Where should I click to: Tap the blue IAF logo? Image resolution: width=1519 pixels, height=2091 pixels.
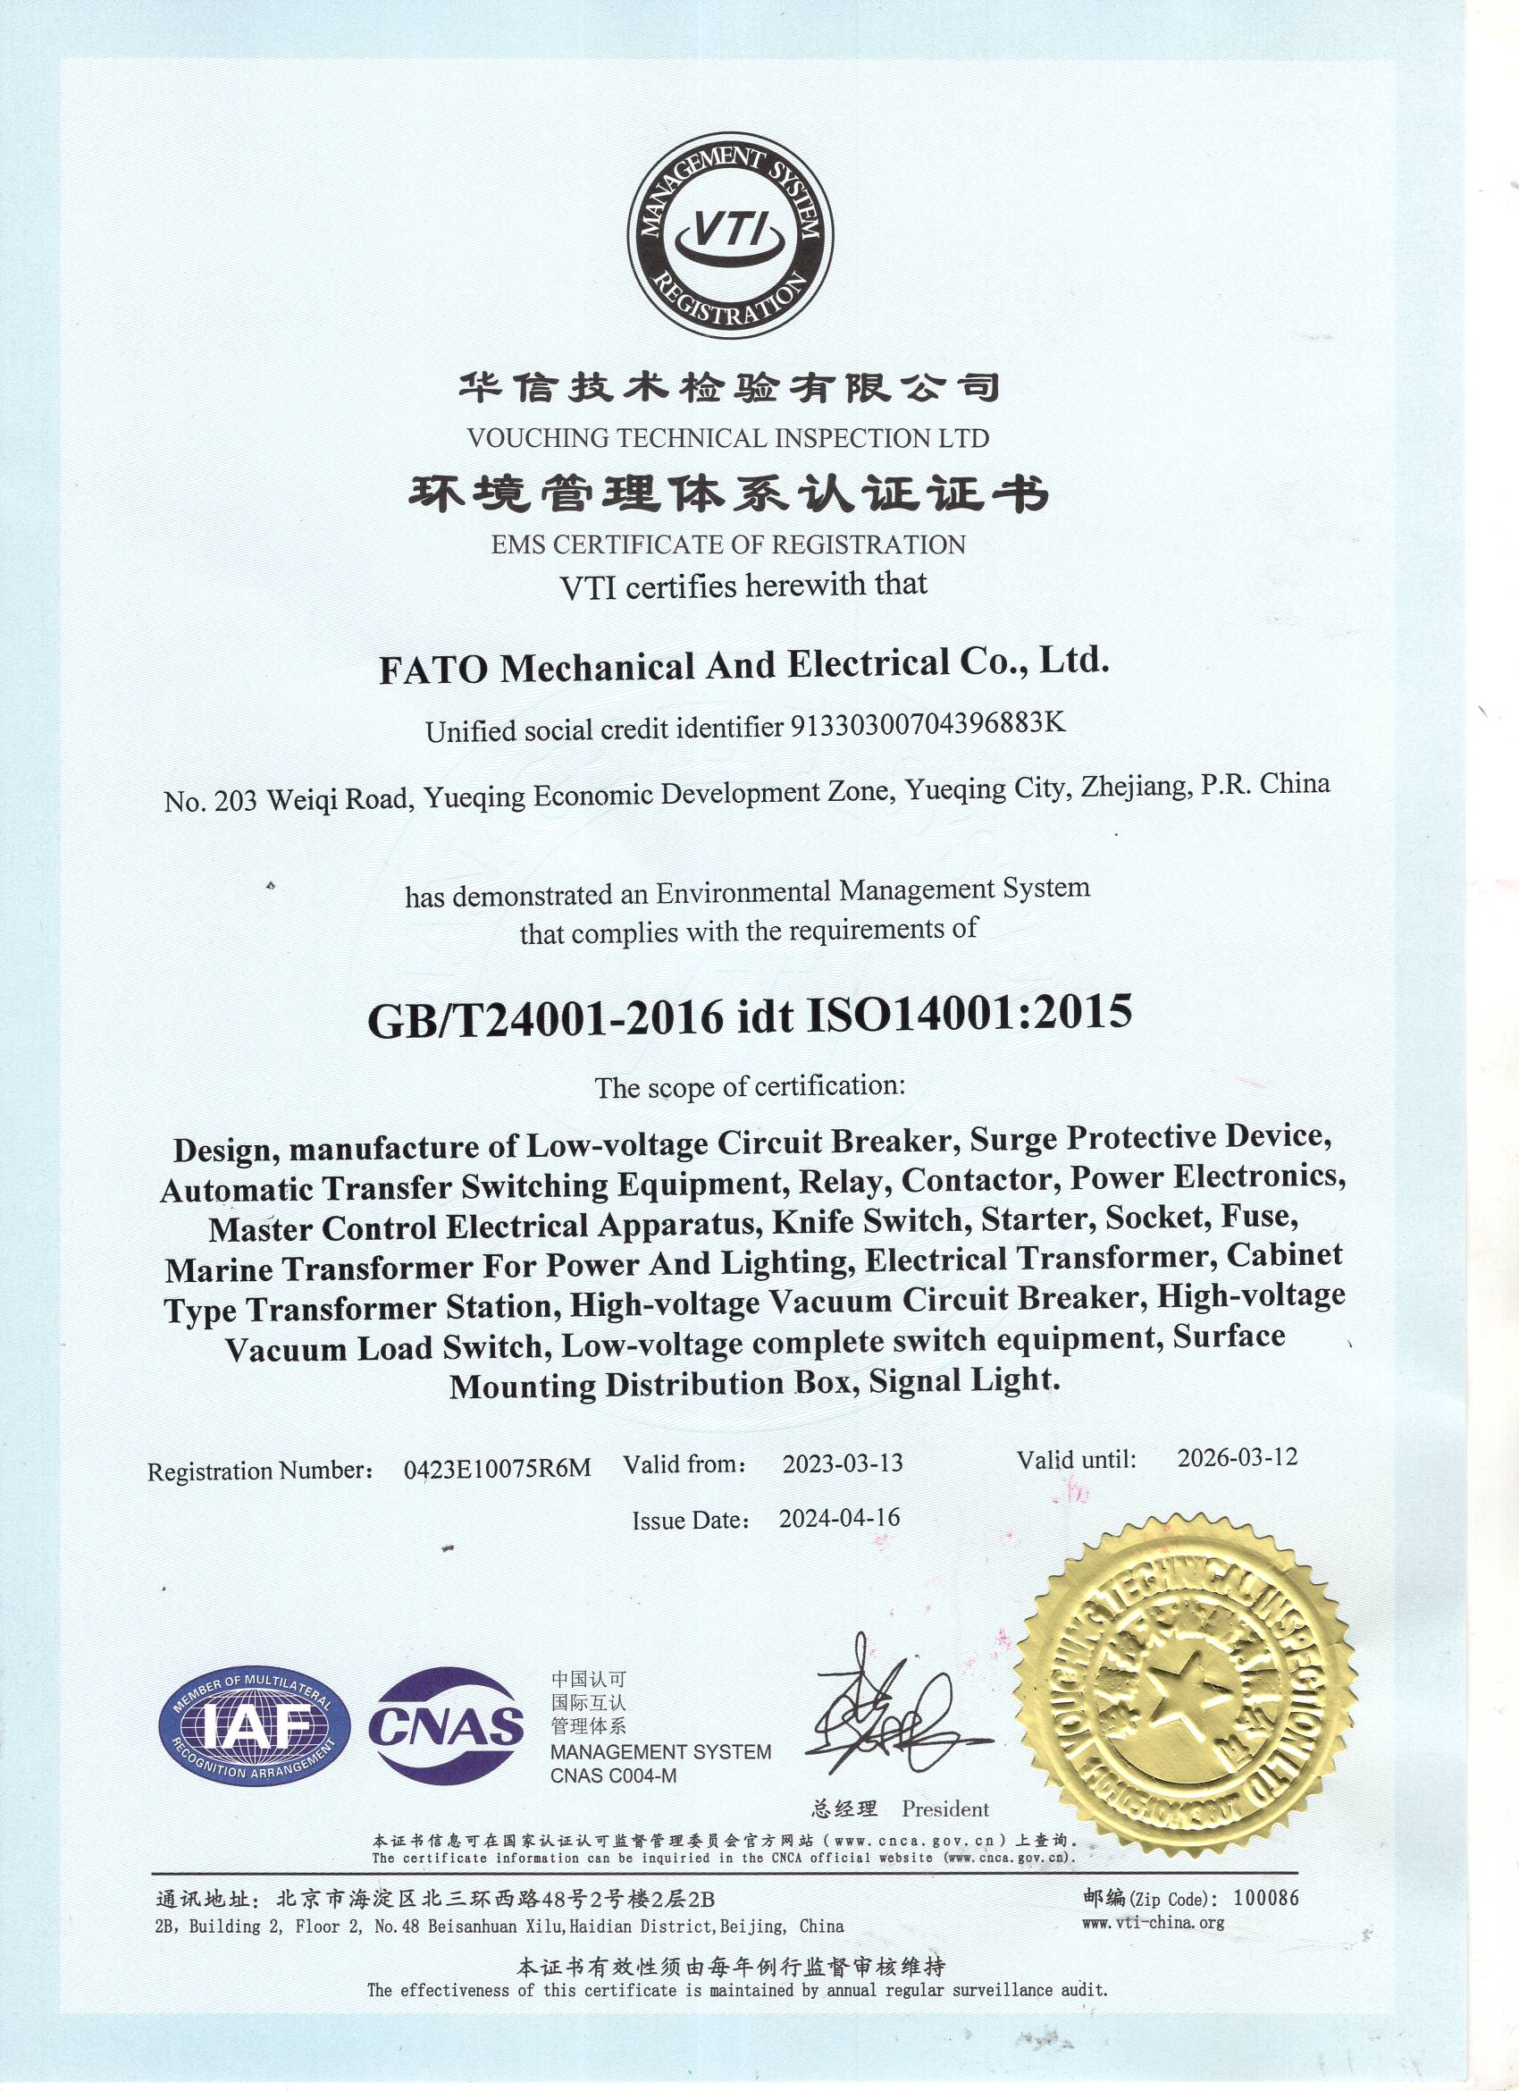click(x=255, y=1727)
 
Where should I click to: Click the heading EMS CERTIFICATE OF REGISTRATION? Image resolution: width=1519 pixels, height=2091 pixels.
click(x=728, y=545)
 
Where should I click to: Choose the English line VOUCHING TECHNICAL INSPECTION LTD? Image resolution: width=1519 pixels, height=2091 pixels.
click(x=728, y=439)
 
